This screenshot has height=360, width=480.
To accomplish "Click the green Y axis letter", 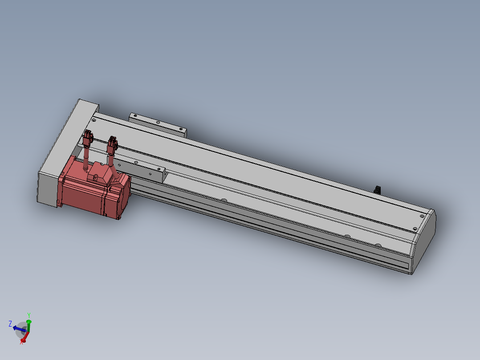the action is (29, 315).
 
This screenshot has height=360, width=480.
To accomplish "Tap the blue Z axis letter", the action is (10, 323).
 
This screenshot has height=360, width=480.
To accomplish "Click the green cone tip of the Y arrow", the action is (29, 321).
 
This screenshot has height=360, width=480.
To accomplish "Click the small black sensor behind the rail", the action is (377, 190).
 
